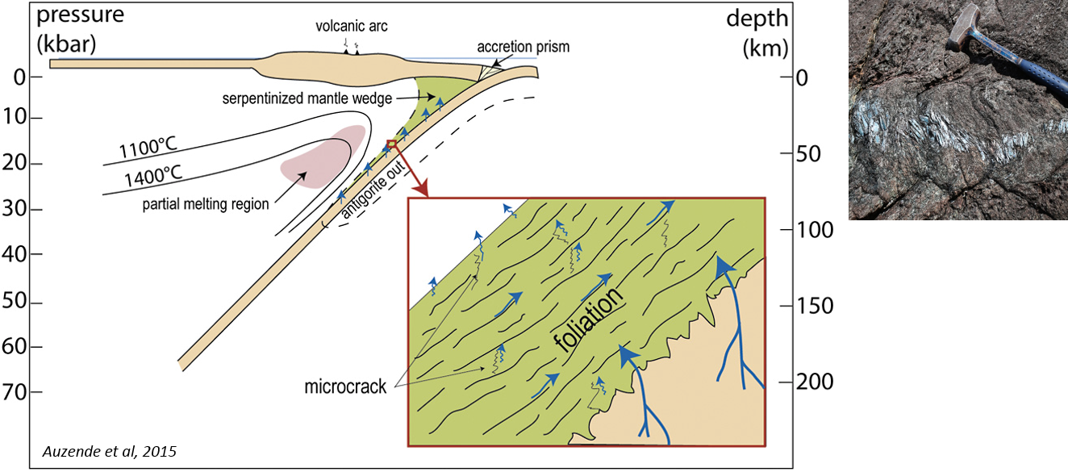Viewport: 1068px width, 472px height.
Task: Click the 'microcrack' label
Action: (x=346, y=386)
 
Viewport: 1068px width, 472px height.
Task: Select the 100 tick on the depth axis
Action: (x=811, y=230)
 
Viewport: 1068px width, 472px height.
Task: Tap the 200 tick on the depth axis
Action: (x=811, y=382)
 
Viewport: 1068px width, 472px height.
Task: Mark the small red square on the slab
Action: (x=392, y=144)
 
